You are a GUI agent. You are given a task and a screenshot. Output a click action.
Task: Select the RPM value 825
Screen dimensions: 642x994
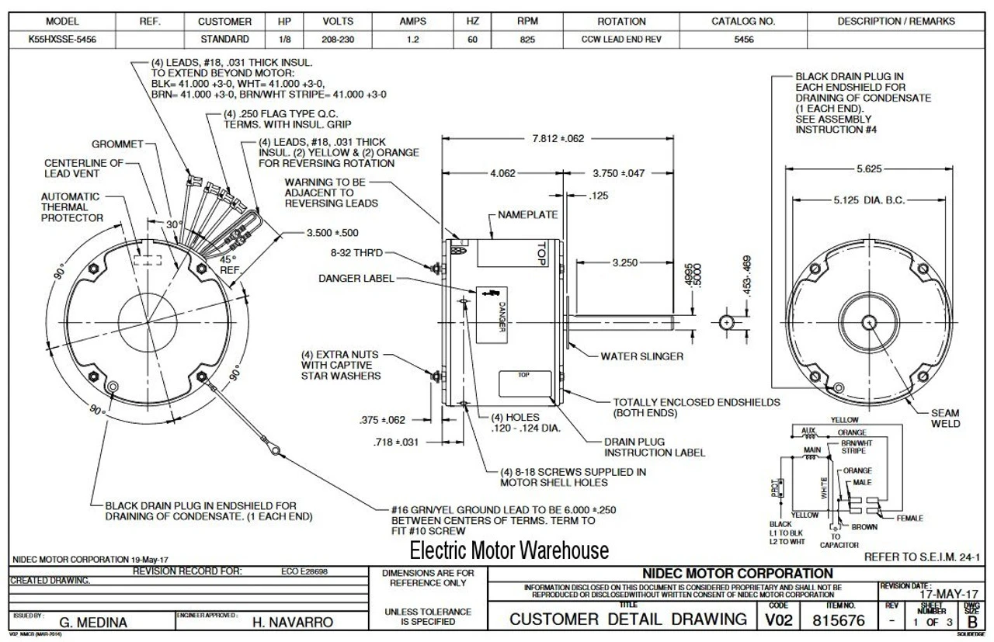527,39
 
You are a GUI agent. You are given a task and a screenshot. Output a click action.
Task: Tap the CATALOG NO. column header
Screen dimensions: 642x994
743,22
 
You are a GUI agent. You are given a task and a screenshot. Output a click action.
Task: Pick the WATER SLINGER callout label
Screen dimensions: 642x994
642,357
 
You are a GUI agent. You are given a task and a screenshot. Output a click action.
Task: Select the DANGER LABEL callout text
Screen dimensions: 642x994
356,279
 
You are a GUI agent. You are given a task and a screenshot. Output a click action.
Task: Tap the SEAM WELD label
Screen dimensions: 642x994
945,418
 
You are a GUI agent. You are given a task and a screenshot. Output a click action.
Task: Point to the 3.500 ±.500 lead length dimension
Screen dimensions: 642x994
333,232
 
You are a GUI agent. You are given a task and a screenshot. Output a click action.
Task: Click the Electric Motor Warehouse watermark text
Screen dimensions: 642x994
509,551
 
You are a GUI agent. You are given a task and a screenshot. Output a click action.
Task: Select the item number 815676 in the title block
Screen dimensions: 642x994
839,621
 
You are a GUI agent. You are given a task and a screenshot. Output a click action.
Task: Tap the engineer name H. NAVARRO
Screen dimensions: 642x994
293,623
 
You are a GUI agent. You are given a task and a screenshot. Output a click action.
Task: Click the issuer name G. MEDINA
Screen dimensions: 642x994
93,623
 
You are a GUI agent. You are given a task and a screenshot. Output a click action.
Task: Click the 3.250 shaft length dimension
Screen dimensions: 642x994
624,263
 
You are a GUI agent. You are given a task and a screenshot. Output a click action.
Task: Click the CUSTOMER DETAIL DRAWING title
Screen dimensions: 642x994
628,619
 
